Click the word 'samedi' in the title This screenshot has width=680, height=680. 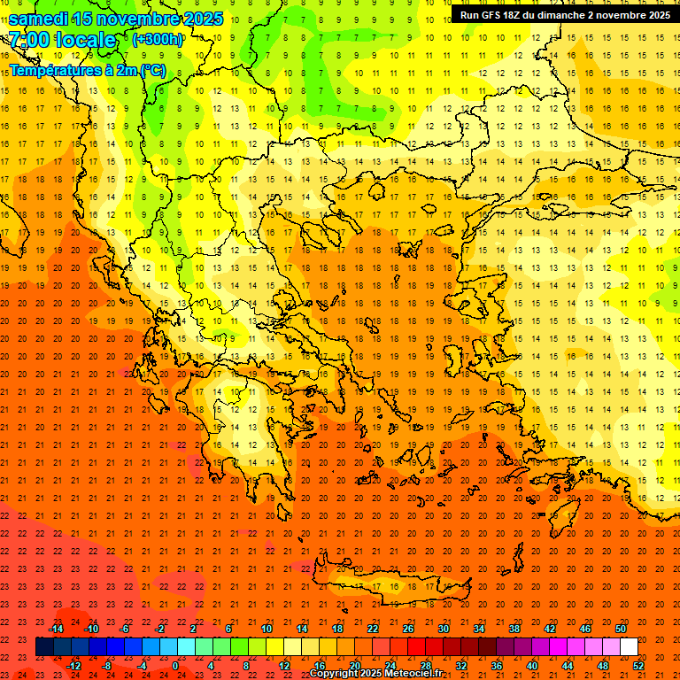tap(39, 19)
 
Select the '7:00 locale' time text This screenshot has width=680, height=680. tap(62, 40)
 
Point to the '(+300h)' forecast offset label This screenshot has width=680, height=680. tap(157, 40)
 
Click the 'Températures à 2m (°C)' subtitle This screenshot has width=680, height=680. tap(87, 70)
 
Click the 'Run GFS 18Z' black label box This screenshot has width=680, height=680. tap(564, 15)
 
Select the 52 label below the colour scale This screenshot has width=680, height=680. tap(638, 666)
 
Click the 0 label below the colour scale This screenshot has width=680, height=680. tap(175, 666)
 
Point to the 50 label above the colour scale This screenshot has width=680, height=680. tap(621, 628)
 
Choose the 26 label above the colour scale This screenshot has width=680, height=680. tap(408, 628)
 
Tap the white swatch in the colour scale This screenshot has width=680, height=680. tap(629, 647)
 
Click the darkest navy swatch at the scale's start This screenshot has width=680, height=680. tap(44, 647)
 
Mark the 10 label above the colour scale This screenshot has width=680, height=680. tap(267, 628)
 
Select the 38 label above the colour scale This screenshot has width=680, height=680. tap(514, 628)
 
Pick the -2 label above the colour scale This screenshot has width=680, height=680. tap(160, 628)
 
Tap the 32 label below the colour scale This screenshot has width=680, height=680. tap(461, 666)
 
